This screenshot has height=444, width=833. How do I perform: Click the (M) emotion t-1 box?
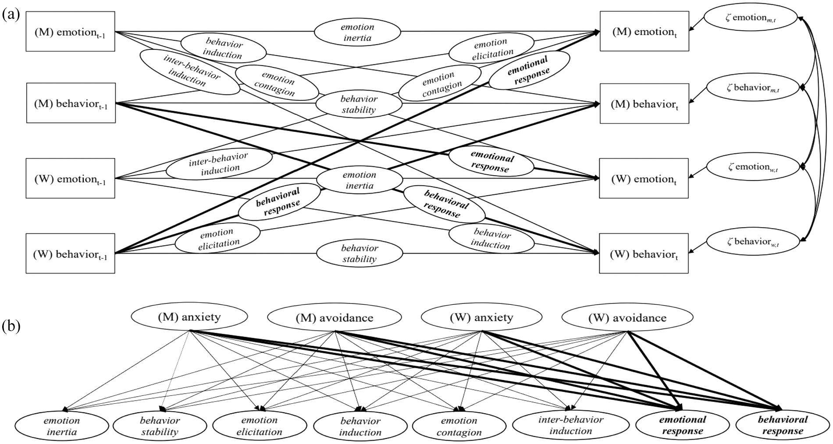click(x=71, y=32)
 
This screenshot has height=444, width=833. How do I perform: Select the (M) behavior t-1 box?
click(x=71, y=103)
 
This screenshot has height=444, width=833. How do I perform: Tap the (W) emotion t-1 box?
click(x=71, y=179)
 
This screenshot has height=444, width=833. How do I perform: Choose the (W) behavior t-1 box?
click(x=71, y=254)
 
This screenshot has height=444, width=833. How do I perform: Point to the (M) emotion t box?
click(x=644, y=32)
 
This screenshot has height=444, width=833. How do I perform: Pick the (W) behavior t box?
click(x=644, y=254)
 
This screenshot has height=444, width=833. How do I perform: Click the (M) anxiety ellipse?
click(x=189, y=317)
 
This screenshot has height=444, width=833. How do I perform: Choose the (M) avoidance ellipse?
click(x=335, y=317)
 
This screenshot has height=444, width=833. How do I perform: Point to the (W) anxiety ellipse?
click(x=481, y=317)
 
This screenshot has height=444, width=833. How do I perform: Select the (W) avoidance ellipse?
click(x=627, y=318)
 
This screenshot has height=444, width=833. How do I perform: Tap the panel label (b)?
click(x=11, y=327)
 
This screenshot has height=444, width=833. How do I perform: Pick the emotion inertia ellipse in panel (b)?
click(x=62, y=426)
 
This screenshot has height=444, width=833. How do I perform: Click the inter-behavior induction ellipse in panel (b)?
click(x=570, y=425)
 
